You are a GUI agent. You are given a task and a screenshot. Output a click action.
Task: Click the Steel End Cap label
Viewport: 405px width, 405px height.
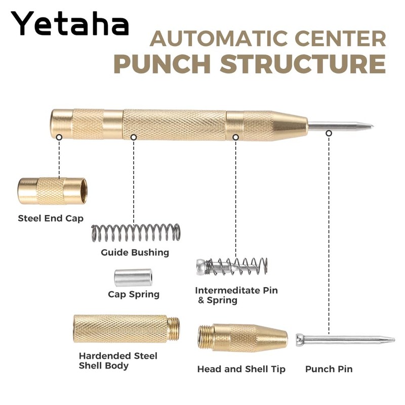51,219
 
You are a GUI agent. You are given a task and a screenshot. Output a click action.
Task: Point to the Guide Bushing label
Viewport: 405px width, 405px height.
135,252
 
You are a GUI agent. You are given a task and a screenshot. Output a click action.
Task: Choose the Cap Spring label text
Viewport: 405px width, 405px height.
134,294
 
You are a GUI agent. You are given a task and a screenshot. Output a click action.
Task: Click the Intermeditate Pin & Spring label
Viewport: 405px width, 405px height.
236,295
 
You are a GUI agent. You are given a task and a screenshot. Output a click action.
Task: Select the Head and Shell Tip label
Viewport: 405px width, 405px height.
241,369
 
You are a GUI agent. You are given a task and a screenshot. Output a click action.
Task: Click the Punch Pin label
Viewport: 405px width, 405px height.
329,369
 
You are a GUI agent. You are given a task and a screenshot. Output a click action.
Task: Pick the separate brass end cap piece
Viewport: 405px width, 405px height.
52,190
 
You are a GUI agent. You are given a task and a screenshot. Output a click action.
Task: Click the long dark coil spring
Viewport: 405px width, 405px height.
135,233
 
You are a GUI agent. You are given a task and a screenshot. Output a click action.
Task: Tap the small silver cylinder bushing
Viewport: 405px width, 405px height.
133,277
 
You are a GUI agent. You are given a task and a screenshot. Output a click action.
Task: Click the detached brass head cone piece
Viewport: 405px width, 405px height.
243,338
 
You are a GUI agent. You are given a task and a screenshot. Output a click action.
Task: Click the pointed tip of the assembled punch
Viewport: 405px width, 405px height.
371,126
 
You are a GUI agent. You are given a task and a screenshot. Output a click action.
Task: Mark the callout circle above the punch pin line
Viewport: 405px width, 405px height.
329,133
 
